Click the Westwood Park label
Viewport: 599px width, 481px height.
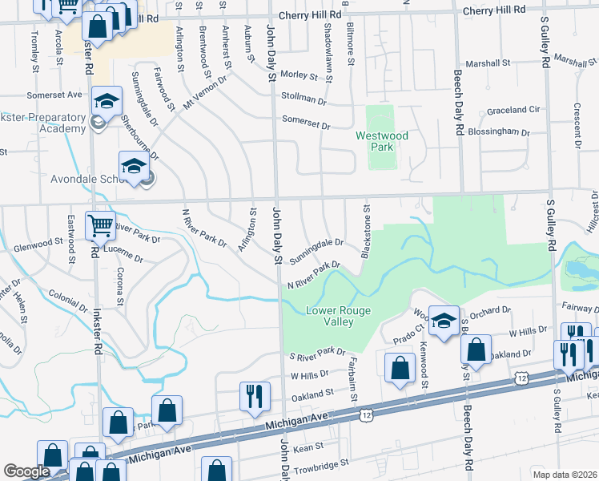[x=382, y=141]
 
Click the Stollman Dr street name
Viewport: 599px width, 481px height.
[x=304, y=102]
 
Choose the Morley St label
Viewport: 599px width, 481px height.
[x=299, y=75]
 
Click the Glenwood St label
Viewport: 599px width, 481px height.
[x=38, y=241]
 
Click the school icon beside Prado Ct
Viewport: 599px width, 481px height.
[x=443, y=320]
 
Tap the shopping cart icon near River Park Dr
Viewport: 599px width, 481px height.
[x=101, y=225]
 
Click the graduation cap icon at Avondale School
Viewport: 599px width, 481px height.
[x=134, y=166]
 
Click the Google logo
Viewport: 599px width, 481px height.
[x=26, y=471]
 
